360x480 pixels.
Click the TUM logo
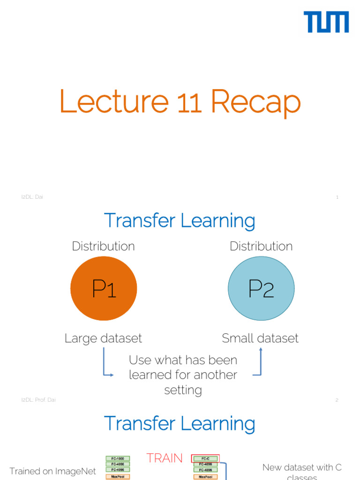coord(326,22)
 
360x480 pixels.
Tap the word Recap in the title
coord(255,102)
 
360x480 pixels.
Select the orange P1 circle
coord(104,288)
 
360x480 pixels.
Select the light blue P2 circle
coord(261,288)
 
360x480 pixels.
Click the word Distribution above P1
coord(103,246)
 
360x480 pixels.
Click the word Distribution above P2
coord(261,246)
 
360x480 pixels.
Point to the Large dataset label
coord(103,338)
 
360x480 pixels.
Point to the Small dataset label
coord(260,338)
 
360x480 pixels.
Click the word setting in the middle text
coord(183,390)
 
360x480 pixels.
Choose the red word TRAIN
coord(165,458)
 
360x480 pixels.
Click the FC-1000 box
coord(118,458)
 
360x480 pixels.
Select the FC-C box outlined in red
coord(205,458)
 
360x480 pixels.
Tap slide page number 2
coord(337,400)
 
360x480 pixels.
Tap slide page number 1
coord(337,197)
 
